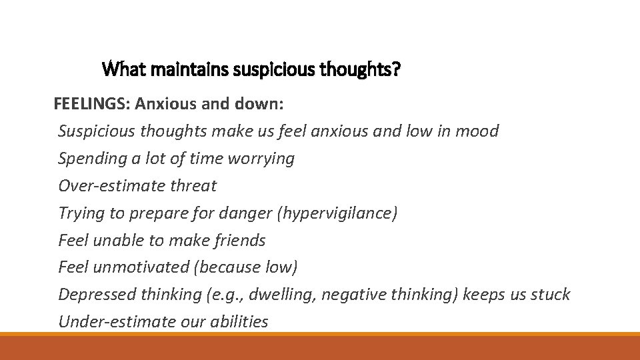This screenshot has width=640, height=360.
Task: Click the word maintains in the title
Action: pyautogui.click(x=185, y=68)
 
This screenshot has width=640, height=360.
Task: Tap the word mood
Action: pyautogui.click(x=477, y=131)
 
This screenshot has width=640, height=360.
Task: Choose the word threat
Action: pyautogui.click(x=194, y=185)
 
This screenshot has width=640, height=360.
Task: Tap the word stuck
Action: pyautogui.click(x=551, y=295)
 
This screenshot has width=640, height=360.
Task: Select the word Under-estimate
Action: pyautogui.click(x=117, y=322)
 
